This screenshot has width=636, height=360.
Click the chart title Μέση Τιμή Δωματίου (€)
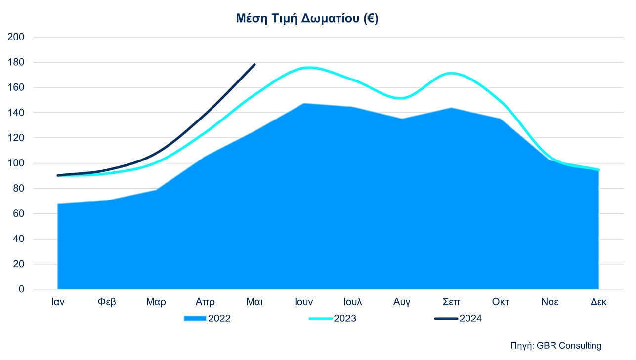[307, 19]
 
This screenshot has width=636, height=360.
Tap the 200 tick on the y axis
[18, 37]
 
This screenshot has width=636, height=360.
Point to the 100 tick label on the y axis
[18, 163]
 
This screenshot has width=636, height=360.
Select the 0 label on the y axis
[22, 289]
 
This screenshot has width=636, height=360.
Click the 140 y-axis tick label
[18, 113]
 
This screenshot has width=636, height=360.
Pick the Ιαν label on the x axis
[58, 302]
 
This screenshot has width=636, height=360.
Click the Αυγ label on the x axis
[402, 302]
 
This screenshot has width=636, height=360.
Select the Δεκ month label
[599, 302]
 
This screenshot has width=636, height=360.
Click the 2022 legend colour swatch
[195, 319]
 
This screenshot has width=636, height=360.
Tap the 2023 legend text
[345, 319]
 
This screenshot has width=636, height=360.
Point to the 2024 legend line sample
[446, 319]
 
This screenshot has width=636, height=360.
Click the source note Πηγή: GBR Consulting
[556, 346]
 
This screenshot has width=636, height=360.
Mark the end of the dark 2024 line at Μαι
[254, 64]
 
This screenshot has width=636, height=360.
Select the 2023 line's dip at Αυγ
[402, 98]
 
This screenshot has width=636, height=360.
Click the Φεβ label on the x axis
[107, 302]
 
